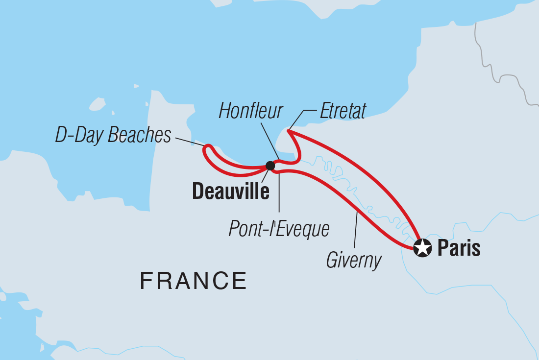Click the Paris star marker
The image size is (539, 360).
pos(422,248)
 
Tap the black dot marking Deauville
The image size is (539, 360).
pos(270,166)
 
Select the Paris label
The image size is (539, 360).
pos(459,248)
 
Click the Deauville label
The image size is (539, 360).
pos(231,192)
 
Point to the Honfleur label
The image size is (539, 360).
pos(251,112)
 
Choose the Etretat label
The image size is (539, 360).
pos(343,112)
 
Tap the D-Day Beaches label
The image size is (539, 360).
pos(113,135)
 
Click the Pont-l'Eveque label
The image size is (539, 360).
pos(279,228)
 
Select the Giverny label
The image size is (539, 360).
pos(354,260)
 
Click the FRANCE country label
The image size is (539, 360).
pos(194,281)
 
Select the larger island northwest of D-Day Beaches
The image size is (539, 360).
pos(97,104)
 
